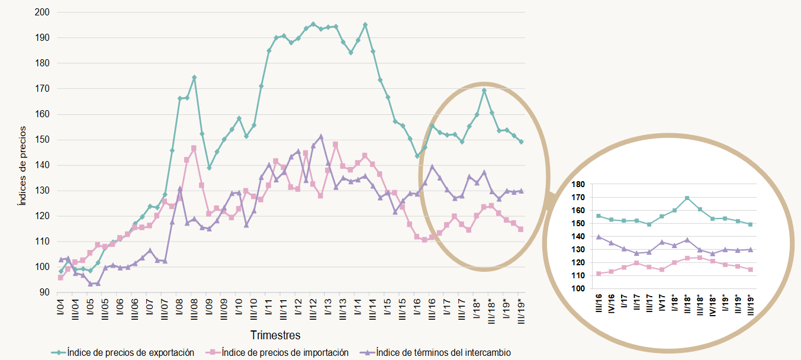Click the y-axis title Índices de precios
click(22, 165)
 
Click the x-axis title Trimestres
click(275, 335)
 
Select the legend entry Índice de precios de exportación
click(130, 352)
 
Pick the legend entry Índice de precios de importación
click(284, 352)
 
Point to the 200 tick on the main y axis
click(43, 12)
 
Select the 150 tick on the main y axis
click(43, 140)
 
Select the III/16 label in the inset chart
click(599, 306)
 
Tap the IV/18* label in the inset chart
click(712, 307)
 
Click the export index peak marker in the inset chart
click(687, 198)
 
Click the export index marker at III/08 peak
click(194, 78)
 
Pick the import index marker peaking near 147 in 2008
click(194, 148)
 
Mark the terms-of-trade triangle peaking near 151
click(321, 137)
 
